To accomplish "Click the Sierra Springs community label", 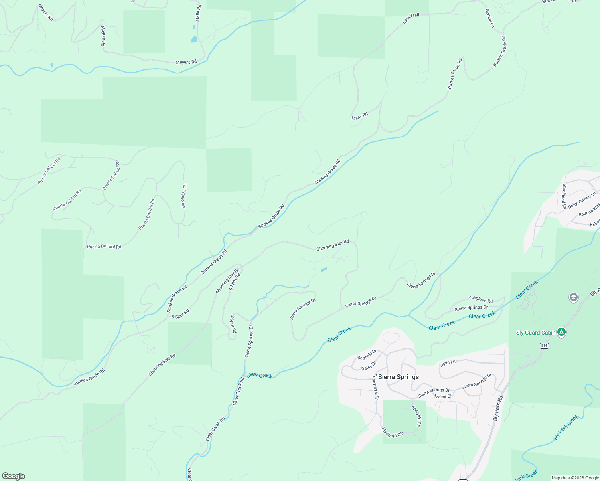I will pyautogui.click(x=398, y=377).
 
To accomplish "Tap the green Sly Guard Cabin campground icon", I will pyautogui.click(x=562, y=332).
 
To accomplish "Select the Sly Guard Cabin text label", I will pyautogui.click(x=535, y=333).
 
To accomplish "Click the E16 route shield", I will pyautogui.click(x=544, y=346).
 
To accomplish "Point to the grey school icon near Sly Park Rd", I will pyautogui.click(x=574, y=297).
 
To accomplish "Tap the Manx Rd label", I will pyautogui.click(x=359, y=116).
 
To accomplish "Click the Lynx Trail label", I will pyautogui.click(x=411, y=18).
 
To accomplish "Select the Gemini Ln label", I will pyautogui.click(x=490, y=18).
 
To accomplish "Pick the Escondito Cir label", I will pyautogui.click(x=184, y=196).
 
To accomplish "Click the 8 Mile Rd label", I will pyautogui.click(x=198, y=13).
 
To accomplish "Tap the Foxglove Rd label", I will pyautogui.click(x=481, y=299).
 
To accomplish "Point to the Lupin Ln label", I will pyautogui.click(x=447, y=362).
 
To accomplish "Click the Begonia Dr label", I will pyautogui.click(x=367, y=355).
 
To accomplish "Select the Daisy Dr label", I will pyautogui.click(x=369, y=366).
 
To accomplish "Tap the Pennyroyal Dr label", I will pyautogui.click(x=376, y=387).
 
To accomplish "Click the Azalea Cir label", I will pyautogui.click(x=443, y=396).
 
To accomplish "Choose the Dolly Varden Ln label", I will pyautogui.click(x=582, y=200).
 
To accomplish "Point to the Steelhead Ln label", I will pyautogui.click(x=564, y=196).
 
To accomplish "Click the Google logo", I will pyautogui.click(x=14, y=476).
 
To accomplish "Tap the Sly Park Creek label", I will pyautogui.click(x=566, y=427).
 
